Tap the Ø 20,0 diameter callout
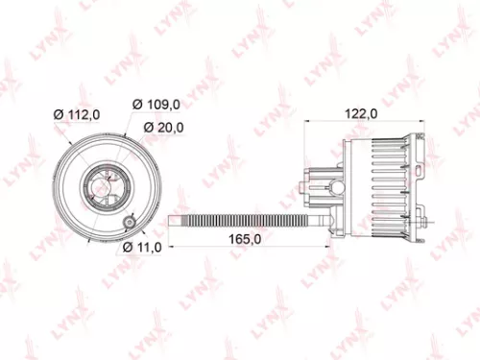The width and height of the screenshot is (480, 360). pyautogui.click(x=165, y=128)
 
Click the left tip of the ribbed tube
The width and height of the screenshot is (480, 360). pyautogui.click(x=173, y=223)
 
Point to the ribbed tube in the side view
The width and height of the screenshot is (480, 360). pyautogui.click(x=240, y=223)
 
